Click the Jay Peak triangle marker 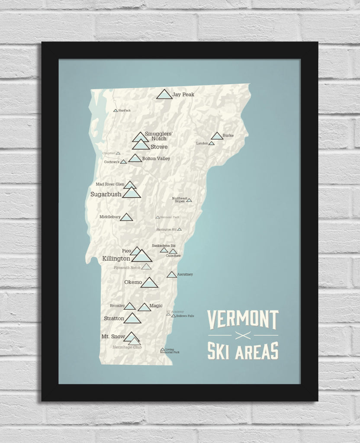(x=164, y=94)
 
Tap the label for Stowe (x=159, y=147)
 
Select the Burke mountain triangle (x=216, y=136)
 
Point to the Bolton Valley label (x=156, y=158)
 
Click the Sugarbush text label (x=106, y=194)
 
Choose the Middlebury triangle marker (x=126, y=217)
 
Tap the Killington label (x=116, y=259)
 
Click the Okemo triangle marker (x=149, y=283)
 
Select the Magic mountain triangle (x=144, y=307)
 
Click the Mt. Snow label (x=113, y=336)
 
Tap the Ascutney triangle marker (x=171, y=275)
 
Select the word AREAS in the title (x=255, y=351)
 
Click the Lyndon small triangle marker (x=212, y=143)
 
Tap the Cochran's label (x=111, y=162)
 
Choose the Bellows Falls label (x=185, y=316)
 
